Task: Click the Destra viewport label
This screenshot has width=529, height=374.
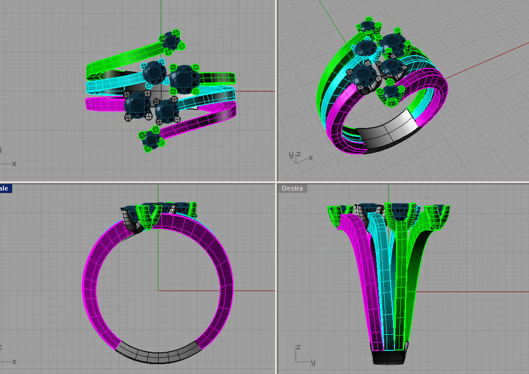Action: (x=292, y=189)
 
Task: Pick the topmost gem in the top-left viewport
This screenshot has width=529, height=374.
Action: (x=172, y=41)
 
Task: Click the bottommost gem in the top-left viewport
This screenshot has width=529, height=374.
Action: (x=151, y=139)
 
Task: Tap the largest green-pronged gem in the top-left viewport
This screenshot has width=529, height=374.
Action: (x=184, y=79)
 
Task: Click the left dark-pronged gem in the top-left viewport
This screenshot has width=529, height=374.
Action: (x=137, y=104)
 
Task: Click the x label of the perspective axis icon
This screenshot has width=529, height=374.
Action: (x=310, y=158)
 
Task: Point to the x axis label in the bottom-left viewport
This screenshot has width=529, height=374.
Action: (x=14, y=362)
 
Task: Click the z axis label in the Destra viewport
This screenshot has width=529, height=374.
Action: (x=298, y=347)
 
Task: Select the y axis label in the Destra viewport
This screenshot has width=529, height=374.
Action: (x=313, y=362)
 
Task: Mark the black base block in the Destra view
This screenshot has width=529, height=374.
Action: (x=389, y=357)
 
